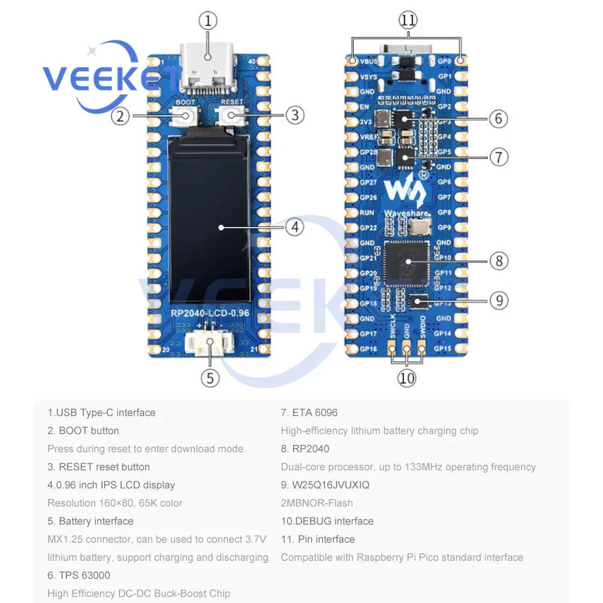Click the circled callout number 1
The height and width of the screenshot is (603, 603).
[207, 21]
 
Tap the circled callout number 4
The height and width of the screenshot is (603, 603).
[294, 227]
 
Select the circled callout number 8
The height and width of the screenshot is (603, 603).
[499, 261]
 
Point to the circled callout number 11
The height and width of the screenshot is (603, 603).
[408, 21]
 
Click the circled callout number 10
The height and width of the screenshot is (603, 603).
[407, 378]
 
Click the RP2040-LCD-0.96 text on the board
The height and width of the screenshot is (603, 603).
[209, 314]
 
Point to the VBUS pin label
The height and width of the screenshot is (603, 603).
[370, 62]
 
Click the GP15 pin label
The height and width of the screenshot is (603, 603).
[443, 349]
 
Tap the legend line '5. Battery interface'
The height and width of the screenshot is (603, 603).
[90, 521]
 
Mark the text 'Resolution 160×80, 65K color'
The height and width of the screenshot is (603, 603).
[115, 503]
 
